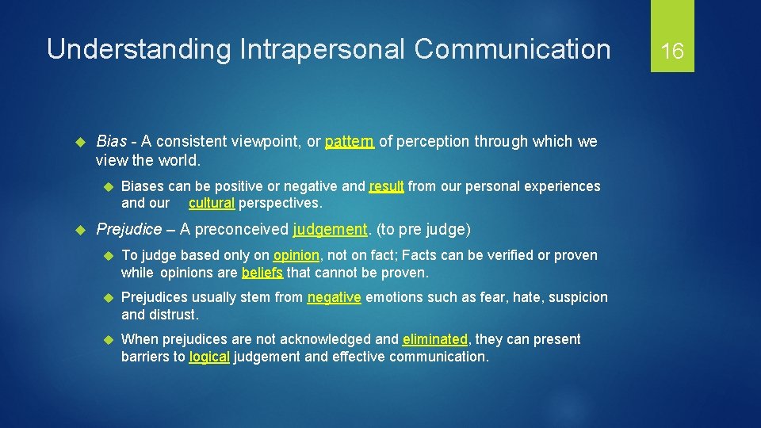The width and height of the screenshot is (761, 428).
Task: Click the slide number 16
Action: click(672, 52)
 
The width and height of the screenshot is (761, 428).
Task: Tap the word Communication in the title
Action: click(512, 49)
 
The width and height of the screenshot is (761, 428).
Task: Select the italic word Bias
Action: click(111, 142)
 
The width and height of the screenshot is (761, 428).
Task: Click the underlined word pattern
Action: click(350, 142)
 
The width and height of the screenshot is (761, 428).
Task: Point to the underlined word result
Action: click(387, 186)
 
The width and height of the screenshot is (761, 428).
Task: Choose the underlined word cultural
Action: click(212, 203)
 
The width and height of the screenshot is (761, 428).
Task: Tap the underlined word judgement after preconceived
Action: click(330, 230)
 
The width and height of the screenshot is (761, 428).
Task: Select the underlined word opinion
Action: click(296, 255)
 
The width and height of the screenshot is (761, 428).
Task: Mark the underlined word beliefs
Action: click(262, 273)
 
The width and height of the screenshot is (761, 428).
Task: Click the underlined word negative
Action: click(335, 297)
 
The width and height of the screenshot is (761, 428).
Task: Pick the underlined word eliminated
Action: click(435, 339)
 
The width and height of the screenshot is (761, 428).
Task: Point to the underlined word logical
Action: click(209, 357)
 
